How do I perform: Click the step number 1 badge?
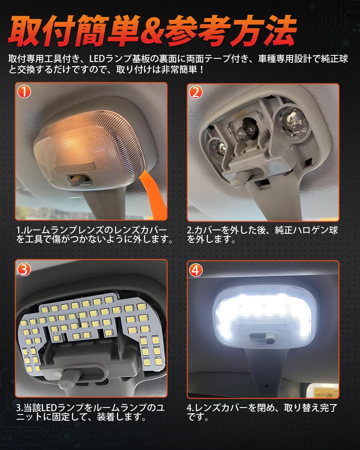(24, 91)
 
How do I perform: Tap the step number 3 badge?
(24, 269)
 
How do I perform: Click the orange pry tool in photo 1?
(153, 192)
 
